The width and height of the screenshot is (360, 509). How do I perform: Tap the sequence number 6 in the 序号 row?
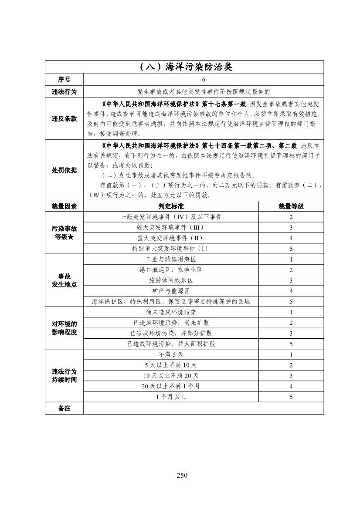pyautogui.click(x=204, y=80)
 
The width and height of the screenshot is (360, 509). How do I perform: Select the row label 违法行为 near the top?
pyautogui.click(x=64, y=92)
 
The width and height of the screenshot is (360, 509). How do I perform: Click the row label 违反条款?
pyautogui.click(x=64, y=119)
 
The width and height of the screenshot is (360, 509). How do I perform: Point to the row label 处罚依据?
pyautogui.click(x=64, y=170)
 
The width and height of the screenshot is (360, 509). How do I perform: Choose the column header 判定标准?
pyautogui.click(x=171, y=206)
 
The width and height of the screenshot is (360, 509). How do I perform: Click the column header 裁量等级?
pyautogui.click(x=291, y=206)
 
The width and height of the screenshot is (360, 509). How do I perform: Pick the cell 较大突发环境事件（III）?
pyautogui.click(x=171, y=228)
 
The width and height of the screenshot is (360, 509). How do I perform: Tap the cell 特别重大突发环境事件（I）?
pyautogui.click(x=171, y=249)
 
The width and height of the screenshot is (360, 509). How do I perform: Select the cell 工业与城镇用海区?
pyautogui.click(x=171, y=260)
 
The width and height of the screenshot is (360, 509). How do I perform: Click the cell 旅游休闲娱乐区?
pyautogui.click(x=171, y=280)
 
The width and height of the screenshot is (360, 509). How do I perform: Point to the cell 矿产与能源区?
pyautogui.click(x=171, y=291)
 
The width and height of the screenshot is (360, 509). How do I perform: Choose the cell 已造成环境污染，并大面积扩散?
pyautogui.click(x=171, y=344)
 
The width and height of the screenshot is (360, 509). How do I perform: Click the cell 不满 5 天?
pyautogui.click(x=171, y=355)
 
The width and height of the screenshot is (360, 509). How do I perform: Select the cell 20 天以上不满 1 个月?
pyautogui.click(x=171, y=386)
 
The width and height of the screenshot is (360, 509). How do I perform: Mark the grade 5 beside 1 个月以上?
pyautogui.click(x=291, y=397)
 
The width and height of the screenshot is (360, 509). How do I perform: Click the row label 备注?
pyautogui.click(x=64, y=408)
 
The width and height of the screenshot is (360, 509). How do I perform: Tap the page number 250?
pyautogui.click(x=182, y=475)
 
